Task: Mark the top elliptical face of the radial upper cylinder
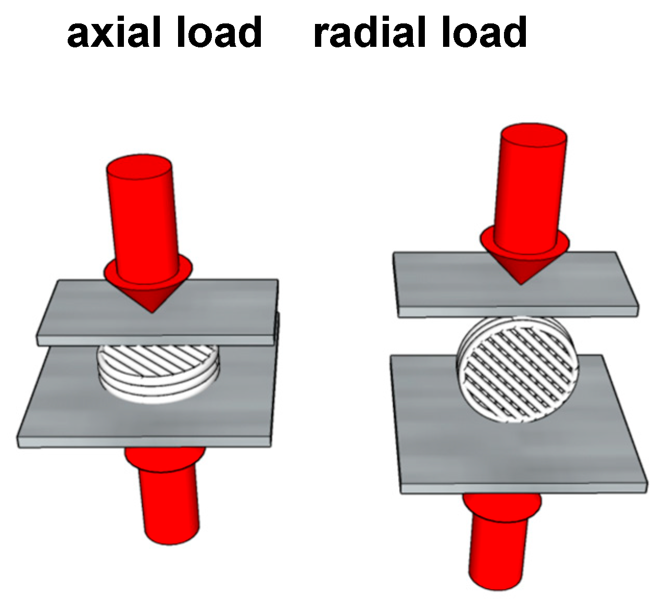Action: coord(533,136)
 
